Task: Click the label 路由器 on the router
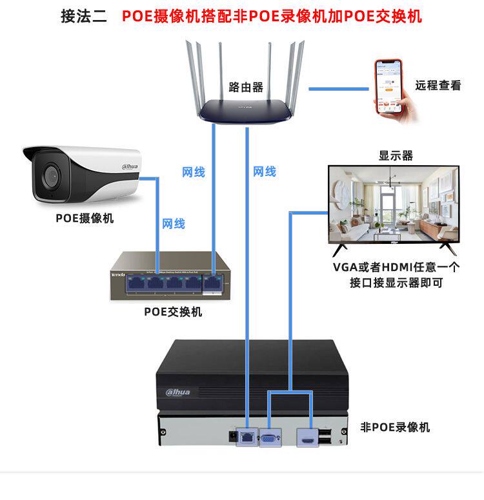[x=246, y=88]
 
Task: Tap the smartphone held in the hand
[x=388, y=86]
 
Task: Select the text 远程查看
[x=438, y=85]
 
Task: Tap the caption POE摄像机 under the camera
[x=85, y=218]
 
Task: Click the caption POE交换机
[x=173, y=312]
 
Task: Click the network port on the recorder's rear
[x=247, y=436]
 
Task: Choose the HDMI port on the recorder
[x=305, y=438]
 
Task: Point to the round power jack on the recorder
[x=231, y=436]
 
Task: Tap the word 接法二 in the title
[x=84, y=16]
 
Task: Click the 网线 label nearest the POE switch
[x=174, y=224]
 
